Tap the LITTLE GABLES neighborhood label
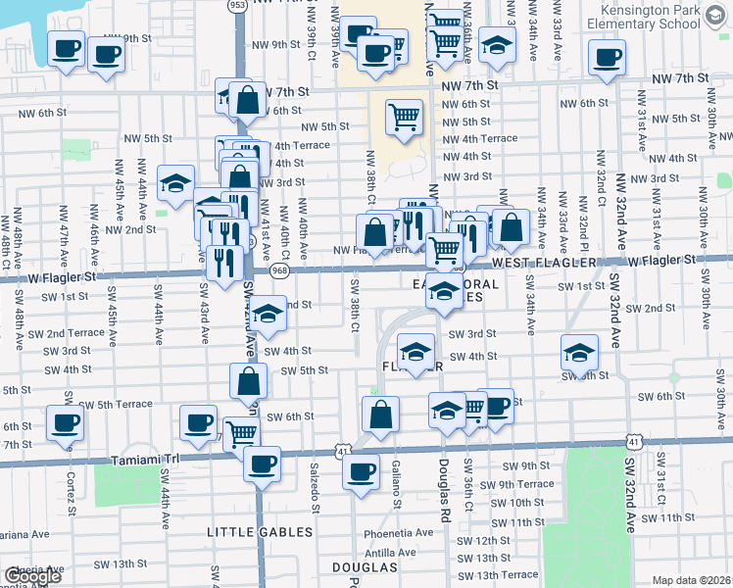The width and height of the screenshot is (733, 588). pos(260,532)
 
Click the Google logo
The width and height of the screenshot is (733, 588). pos(32,577)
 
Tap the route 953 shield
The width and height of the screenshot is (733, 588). pos(237,5)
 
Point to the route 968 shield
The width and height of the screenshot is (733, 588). pos(280,269)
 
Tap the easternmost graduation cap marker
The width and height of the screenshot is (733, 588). pos(579,351)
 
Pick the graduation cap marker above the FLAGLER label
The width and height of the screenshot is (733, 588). pos(415,351)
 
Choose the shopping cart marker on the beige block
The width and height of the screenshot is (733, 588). pos(404,117)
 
